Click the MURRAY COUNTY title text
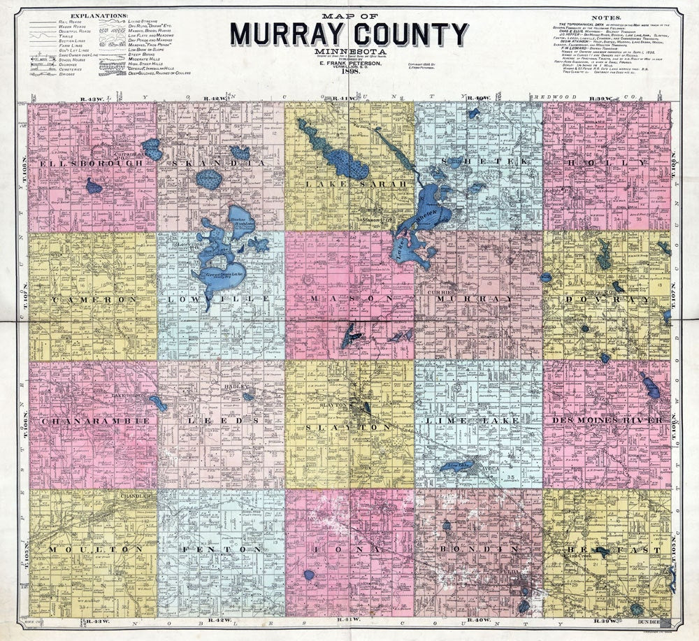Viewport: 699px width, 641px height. click(349, 34)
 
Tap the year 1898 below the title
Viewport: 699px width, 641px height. click(348, 70)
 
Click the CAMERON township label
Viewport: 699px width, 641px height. click(92, 299)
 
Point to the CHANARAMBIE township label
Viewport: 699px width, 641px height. click(95, 422)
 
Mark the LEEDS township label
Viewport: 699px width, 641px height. click(220, 421)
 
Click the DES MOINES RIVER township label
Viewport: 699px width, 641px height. click(607, 420)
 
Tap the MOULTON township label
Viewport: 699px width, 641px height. click(92, 549)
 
